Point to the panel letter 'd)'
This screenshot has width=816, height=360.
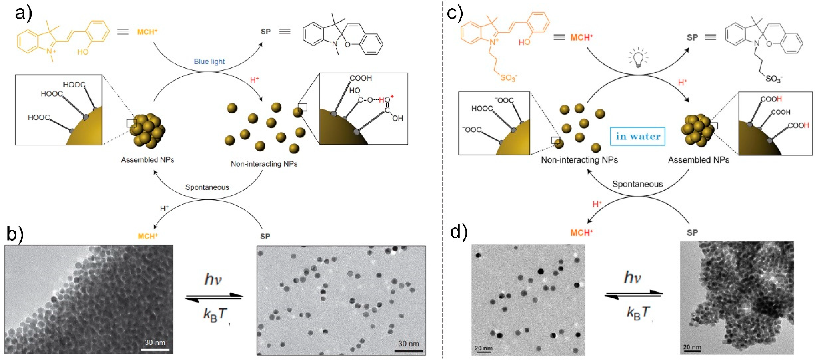pos(458,232)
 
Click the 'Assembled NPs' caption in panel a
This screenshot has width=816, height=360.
pos(148,160)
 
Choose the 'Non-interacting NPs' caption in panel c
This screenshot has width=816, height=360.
pos(579,160)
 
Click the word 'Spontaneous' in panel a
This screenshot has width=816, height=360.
pos(207,187)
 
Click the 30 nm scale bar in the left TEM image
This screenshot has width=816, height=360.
pos(155,350)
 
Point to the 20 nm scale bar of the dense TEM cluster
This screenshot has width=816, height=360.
pos(692,350)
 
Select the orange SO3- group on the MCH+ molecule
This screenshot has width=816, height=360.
pos(508,77)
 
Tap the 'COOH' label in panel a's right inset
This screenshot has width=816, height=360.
pos(360,78)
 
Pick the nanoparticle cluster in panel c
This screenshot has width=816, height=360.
pos(698,130)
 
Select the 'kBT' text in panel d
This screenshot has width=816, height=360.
pos(638,313)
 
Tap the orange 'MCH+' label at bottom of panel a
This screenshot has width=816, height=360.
pos(148,236)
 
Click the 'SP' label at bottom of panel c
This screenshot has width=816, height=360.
pos(692,233)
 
